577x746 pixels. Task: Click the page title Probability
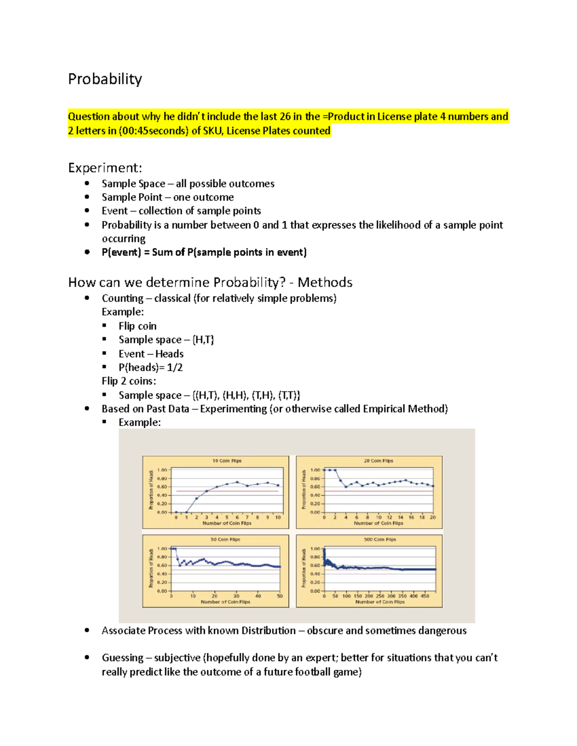(x=105, y=79)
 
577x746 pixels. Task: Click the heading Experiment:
(x=105, y=168)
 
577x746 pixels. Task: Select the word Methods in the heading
(x=325, y=282)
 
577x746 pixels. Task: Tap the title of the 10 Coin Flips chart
(x=227, y=461)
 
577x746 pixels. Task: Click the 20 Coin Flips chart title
(x=378, y=461)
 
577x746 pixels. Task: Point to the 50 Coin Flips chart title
(x=225, y=539)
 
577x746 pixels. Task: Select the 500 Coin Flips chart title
(x=380, y=539)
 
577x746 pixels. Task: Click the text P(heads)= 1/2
(x=151, y=367)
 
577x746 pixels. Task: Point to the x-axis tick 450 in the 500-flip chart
(x=425, y=596)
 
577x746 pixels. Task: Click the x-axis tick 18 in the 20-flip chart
(x=422, y=517)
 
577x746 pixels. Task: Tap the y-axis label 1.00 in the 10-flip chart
(x=162, y=470)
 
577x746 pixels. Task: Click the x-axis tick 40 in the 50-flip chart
(x=258, y=596)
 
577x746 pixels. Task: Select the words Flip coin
(x=138, y=326)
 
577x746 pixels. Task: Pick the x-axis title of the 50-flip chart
(x=225, y=602)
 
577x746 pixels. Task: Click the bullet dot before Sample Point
(x=87, y=197)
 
